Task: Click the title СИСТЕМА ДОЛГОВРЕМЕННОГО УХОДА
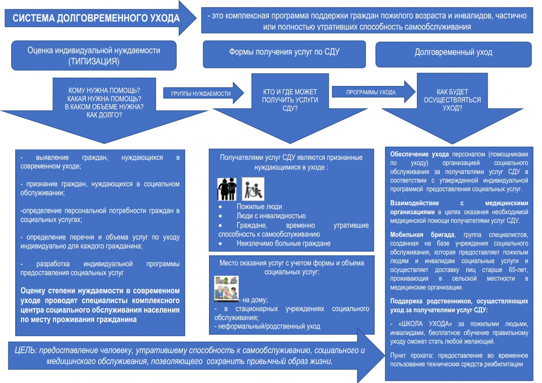pos(96,18)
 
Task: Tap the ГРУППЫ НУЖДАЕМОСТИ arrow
pos(203,93)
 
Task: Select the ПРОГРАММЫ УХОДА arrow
pos(374,92)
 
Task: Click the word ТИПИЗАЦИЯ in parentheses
pos(94,61)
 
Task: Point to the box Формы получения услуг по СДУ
pos(284,54)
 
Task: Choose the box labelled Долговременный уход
pos(453,55)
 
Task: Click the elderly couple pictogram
pos(227,189)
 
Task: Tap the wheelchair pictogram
pos(253,189)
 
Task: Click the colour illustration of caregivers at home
pos(227,289)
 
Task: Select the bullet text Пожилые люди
pos(259,207)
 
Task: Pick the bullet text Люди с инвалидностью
pos(271,216)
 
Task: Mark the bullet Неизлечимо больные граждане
pos(283,244)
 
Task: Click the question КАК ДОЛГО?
pos(104,115)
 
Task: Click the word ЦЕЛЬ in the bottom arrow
pos(26,350)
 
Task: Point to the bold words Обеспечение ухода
pos(419,154)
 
